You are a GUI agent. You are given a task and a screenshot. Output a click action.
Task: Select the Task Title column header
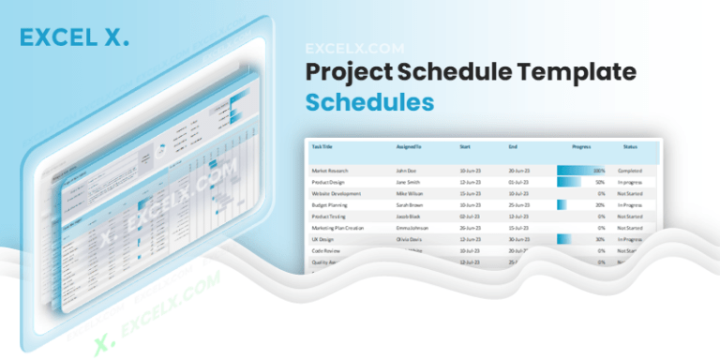point(323,147)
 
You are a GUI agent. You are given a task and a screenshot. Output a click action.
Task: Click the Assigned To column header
point(409,147)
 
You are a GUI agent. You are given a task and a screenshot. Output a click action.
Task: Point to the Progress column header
point(581,147)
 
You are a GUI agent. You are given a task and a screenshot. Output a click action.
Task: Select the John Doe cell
point(405,171)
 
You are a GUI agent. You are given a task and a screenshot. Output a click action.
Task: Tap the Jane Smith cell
point(407,182)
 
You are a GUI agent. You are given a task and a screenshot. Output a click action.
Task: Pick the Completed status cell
point(630,171)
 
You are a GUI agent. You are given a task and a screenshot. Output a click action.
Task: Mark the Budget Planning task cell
point(330,204)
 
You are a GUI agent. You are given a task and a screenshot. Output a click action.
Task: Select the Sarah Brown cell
point(409,204)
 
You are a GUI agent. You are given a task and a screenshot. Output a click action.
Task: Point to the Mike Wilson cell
point(409,193)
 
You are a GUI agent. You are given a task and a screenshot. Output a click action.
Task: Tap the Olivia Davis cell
point(408,239)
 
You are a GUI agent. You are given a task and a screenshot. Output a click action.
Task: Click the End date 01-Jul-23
point(518,182)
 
